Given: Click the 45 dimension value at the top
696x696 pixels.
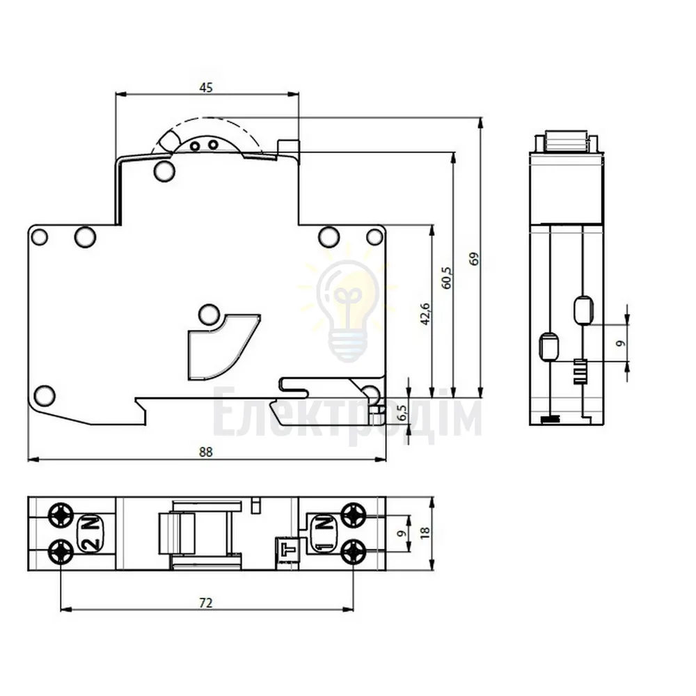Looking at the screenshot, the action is [206, 88].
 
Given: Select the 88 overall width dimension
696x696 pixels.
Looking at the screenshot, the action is [206, 452].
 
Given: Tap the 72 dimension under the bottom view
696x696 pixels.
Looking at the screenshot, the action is [206, 603].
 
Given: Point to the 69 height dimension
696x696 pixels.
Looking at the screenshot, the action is [475, 259].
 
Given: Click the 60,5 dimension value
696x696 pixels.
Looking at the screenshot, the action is [448, 278].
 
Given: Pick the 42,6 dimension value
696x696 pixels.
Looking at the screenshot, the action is [425, 315].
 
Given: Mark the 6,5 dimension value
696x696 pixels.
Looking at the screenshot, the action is [402, 413].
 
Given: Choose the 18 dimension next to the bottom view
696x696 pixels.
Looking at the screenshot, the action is [425, 533].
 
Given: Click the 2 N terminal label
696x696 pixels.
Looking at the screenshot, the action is [91, 534].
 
